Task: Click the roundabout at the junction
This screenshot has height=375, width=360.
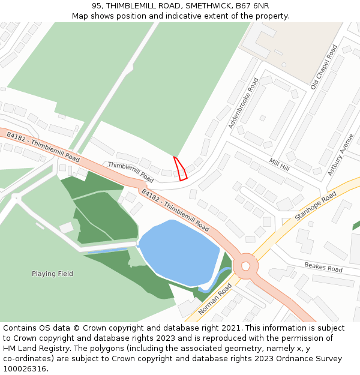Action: coord(245,266)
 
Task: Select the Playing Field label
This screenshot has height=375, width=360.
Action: coord(52,274)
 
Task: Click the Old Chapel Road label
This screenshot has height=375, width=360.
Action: coord(325,67)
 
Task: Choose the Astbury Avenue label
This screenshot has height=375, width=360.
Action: coord(340,153)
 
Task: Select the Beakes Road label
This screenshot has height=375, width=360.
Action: coord(323,267)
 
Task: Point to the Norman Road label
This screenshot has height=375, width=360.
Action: coord(215,299)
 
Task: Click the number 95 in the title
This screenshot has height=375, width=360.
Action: coord(97,5)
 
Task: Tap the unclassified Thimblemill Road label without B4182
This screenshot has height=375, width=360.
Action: coord(131,172)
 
